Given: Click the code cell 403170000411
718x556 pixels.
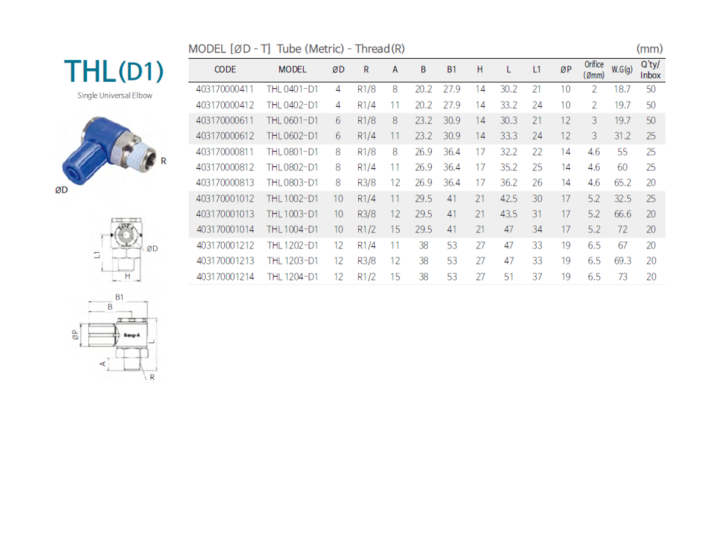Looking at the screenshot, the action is pos(225,89).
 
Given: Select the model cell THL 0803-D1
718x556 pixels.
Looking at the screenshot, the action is pos(292,183).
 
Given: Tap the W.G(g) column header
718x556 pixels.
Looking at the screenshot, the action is pos(622,70).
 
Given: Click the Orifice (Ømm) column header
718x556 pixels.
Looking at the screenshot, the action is pos(594,70).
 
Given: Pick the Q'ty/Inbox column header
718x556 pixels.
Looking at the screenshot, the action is pos(650,70).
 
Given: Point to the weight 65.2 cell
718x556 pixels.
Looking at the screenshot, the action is pos(622,183).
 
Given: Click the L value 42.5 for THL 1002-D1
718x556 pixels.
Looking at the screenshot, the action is pos(509,198).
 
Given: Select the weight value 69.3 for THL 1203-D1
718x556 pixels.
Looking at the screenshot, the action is pos(622,260).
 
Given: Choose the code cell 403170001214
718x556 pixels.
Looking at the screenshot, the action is pos(225,276).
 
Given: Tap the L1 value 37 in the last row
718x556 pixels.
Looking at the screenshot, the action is pos(537,276).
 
